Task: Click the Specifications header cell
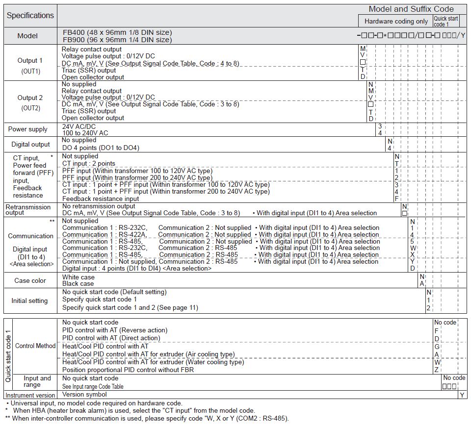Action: pos(30,15)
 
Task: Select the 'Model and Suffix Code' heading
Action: pos(411,9)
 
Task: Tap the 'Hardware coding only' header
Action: pos(396,21)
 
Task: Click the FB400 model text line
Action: pos(117,32)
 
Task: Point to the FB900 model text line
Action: pos(117,40)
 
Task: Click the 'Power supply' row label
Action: pos(28,129)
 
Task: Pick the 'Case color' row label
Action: pos(30,280)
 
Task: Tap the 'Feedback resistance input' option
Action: pos(101,199)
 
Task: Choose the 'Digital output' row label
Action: pos(30,144)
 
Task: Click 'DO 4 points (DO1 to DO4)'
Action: pos(101,148)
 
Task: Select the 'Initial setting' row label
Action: pos(29,301)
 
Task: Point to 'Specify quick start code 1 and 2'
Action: pos(130,308)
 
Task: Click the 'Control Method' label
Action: pos(35,346)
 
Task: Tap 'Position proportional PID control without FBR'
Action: pos(128,370)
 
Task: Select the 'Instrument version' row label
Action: pos(30,395)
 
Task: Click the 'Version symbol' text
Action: pos(84,394)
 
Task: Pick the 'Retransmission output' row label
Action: pos(28,210)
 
